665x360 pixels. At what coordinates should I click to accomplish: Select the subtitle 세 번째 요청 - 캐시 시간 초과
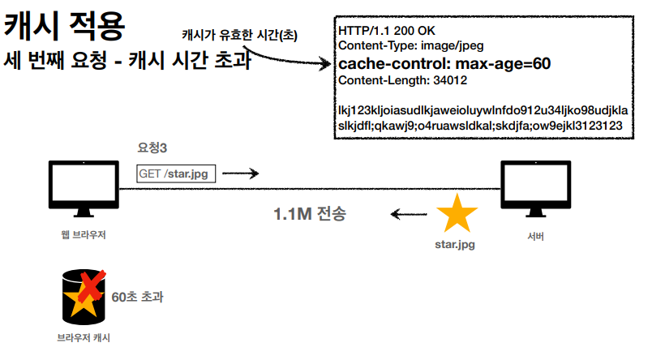127,61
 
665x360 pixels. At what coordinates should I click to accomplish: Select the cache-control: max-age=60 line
444,63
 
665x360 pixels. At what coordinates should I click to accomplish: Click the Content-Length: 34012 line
402,80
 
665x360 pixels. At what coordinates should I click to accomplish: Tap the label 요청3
152,148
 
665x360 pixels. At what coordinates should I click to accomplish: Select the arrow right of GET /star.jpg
241,173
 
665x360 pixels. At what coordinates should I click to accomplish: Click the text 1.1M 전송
310,215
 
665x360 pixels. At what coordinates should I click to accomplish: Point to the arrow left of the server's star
409,215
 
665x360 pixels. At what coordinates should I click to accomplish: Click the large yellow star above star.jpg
457,213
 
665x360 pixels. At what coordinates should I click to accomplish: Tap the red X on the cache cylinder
92,285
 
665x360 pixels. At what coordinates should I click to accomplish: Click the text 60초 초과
138,298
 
